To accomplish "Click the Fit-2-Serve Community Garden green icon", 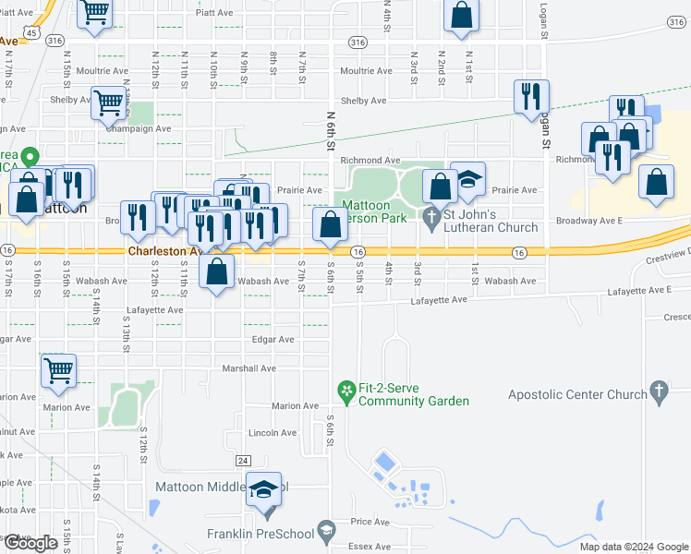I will click(346, 392).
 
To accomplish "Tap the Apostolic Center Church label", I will click(577, 394).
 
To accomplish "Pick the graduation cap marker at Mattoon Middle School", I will click(264, 489).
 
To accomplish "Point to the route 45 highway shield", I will click(31, 31).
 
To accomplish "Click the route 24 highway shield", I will click(243, 460).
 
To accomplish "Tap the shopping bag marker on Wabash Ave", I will click(216, 272).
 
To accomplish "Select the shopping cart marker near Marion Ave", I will click(58, 370).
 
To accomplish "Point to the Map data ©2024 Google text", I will click(633, 547).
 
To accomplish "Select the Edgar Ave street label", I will click(273, 340).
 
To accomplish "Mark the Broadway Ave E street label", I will click(589, 221).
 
